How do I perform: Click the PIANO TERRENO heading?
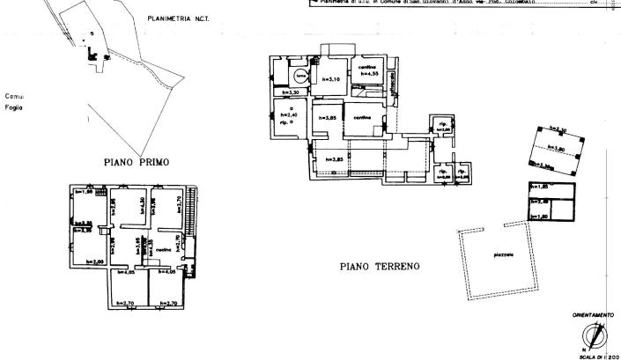pyautogui.click(x=380, y=265)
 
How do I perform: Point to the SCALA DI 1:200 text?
pyautogui.click(x=598, y=355)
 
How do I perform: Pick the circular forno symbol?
pyautogui.click(x=300, y=75)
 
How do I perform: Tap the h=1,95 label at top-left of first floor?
pyautogui.click(x=84, y=192)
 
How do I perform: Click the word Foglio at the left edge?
pyautogui.click(x=11, y=107)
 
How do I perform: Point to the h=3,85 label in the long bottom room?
pyautogui.click(x=332, y=159)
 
